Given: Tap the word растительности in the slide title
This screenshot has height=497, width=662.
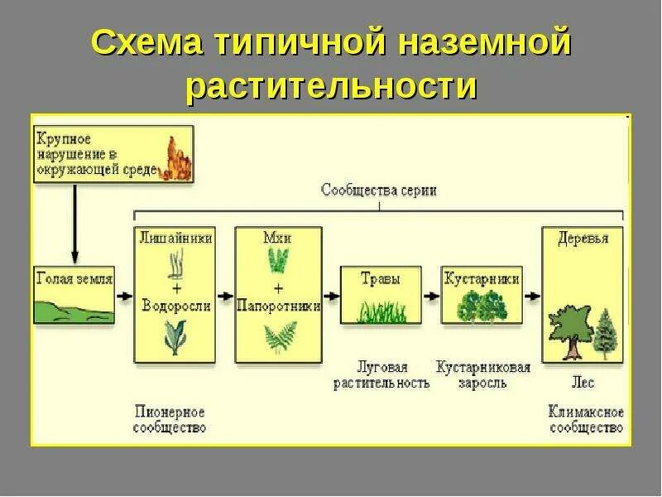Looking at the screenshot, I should pos(331,86).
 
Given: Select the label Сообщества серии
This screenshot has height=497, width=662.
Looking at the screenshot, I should pos(380,190).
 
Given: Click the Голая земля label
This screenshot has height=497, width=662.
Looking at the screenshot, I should pos(74,279).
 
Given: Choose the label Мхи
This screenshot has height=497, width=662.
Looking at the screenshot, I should pos(277,238).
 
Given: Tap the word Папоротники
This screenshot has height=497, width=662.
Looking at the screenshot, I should pos(277,306).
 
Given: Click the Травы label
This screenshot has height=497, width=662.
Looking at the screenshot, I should pos(381,279).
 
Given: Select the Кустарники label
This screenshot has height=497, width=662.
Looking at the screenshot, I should pos(481,279).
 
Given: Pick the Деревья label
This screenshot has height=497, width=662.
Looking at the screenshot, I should pos(583,239).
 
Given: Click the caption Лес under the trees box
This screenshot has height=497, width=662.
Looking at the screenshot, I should pos(583,384).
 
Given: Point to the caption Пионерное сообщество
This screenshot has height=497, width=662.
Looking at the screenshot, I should pos(169,419).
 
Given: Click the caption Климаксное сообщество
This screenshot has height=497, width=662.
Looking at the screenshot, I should pos(585,419).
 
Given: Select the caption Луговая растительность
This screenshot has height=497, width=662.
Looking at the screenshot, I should pos(381,374).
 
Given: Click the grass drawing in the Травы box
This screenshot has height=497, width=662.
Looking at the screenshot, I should pos(381,311).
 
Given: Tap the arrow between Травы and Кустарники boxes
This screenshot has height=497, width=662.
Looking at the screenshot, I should pos(431,294).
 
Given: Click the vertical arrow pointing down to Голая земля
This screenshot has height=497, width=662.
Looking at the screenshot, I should pos(74,224).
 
